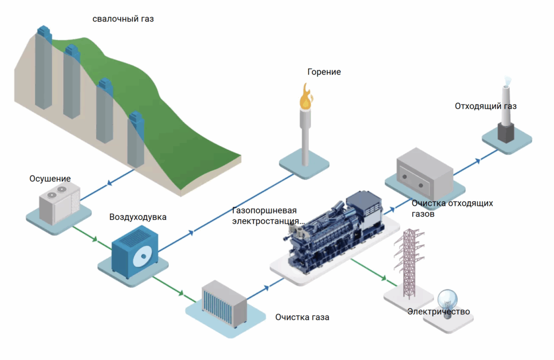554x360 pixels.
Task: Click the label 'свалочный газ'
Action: point(123,19)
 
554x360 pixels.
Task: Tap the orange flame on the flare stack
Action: point(306,97)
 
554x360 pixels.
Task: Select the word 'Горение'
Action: point(324,71)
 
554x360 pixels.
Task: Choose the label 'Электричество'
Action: point(438,311)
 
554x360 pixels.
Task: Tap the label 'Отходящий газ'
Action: point(485,106)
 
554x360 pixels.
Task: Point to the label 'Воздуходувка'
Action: point(138,217)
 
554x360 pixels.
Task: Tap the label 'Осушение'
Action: point(50,179)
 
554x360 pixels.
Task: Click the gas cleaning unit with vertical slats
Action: point(223,303)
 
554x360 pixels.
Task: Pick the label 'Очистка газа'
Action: point(302,317)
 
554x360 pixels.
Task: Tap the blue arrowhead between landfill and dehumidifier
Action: point(110,183)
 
